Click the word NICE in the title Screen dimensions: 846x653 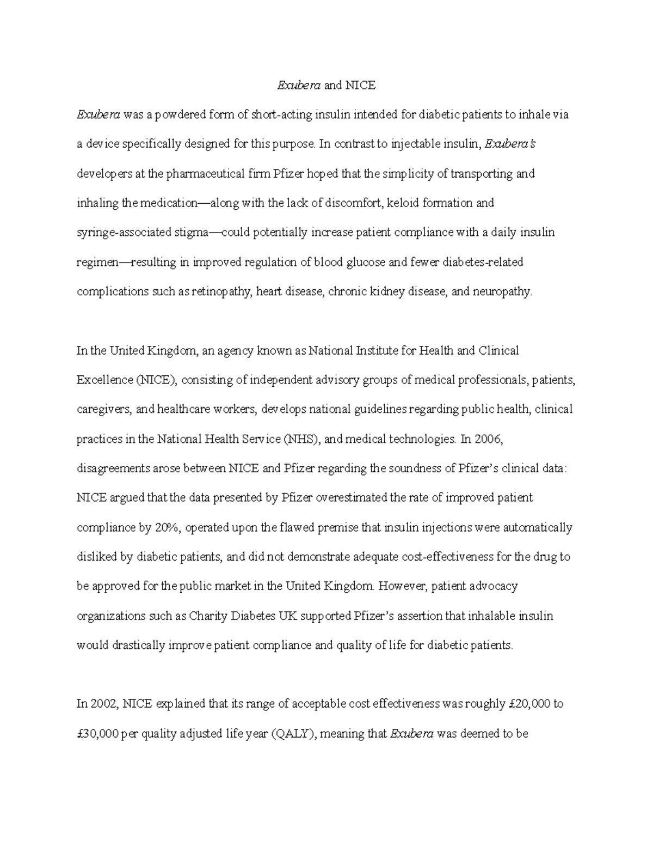tap(361, 86)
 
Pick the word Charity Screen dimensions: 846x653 tap(209, 616)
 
